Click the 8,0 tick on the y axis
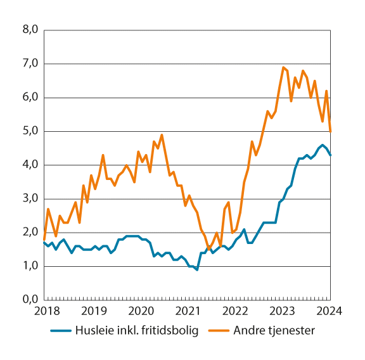point(31,30)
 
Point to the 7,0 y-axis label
point(31,63)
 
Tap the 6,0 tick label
point(31,97)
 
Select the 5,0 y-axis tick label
point(31,131)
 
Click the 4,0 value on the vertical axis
point(31,165)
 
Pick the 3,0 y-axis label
point(31,198)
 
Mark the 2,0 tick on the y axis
point(31,232)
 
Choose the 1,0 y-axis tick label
point(31,266)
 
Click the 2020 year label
point(140,311)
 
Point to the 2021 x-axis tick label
point(188,311)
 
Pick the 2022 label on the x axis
point(235,311)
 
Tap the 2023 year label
point(283,311)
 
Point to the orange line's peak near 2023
point(283,67)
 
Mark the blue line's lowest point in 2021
point(197,269)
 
